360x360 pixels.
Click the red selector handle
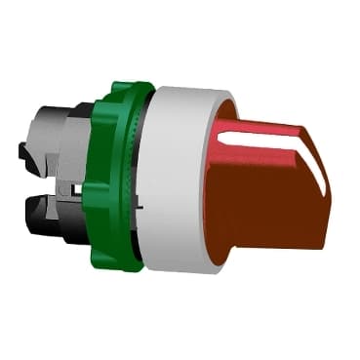273,195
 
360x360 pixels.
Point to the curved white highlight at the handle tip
312,156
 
